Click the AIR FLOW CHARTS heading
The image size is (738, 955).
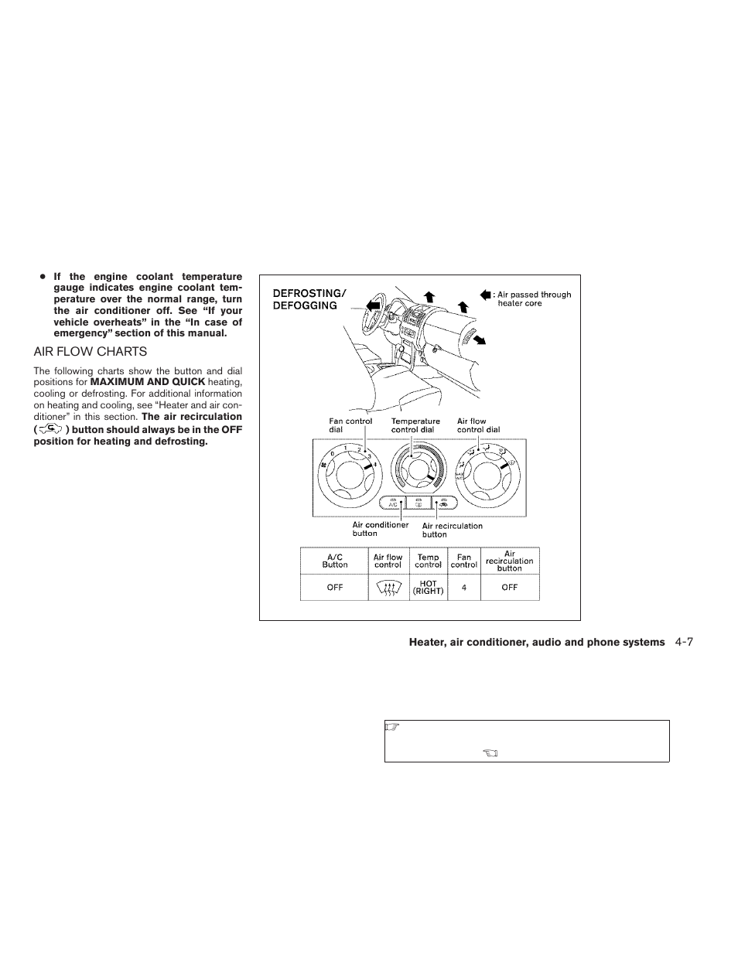90,351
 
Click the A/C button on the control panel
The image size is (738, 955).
395,503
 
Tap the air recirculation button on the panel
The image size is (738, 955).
445,503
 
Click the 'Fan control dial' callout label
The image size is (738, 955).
350,425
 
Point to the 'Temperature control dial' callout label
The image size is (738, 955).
415,425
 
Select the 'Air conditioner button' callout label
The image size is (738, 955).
380,529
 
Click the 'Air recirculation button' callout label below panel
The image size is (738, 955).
452,530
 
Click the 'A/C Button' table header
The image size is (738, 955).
334,561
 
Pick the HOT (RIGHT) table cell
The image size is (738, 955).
428,588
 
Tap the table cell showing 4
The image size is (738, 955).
464,588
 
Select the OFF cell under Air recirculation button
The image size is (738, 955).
509,588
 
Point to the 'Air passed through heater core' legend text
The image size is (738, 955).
533,298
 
